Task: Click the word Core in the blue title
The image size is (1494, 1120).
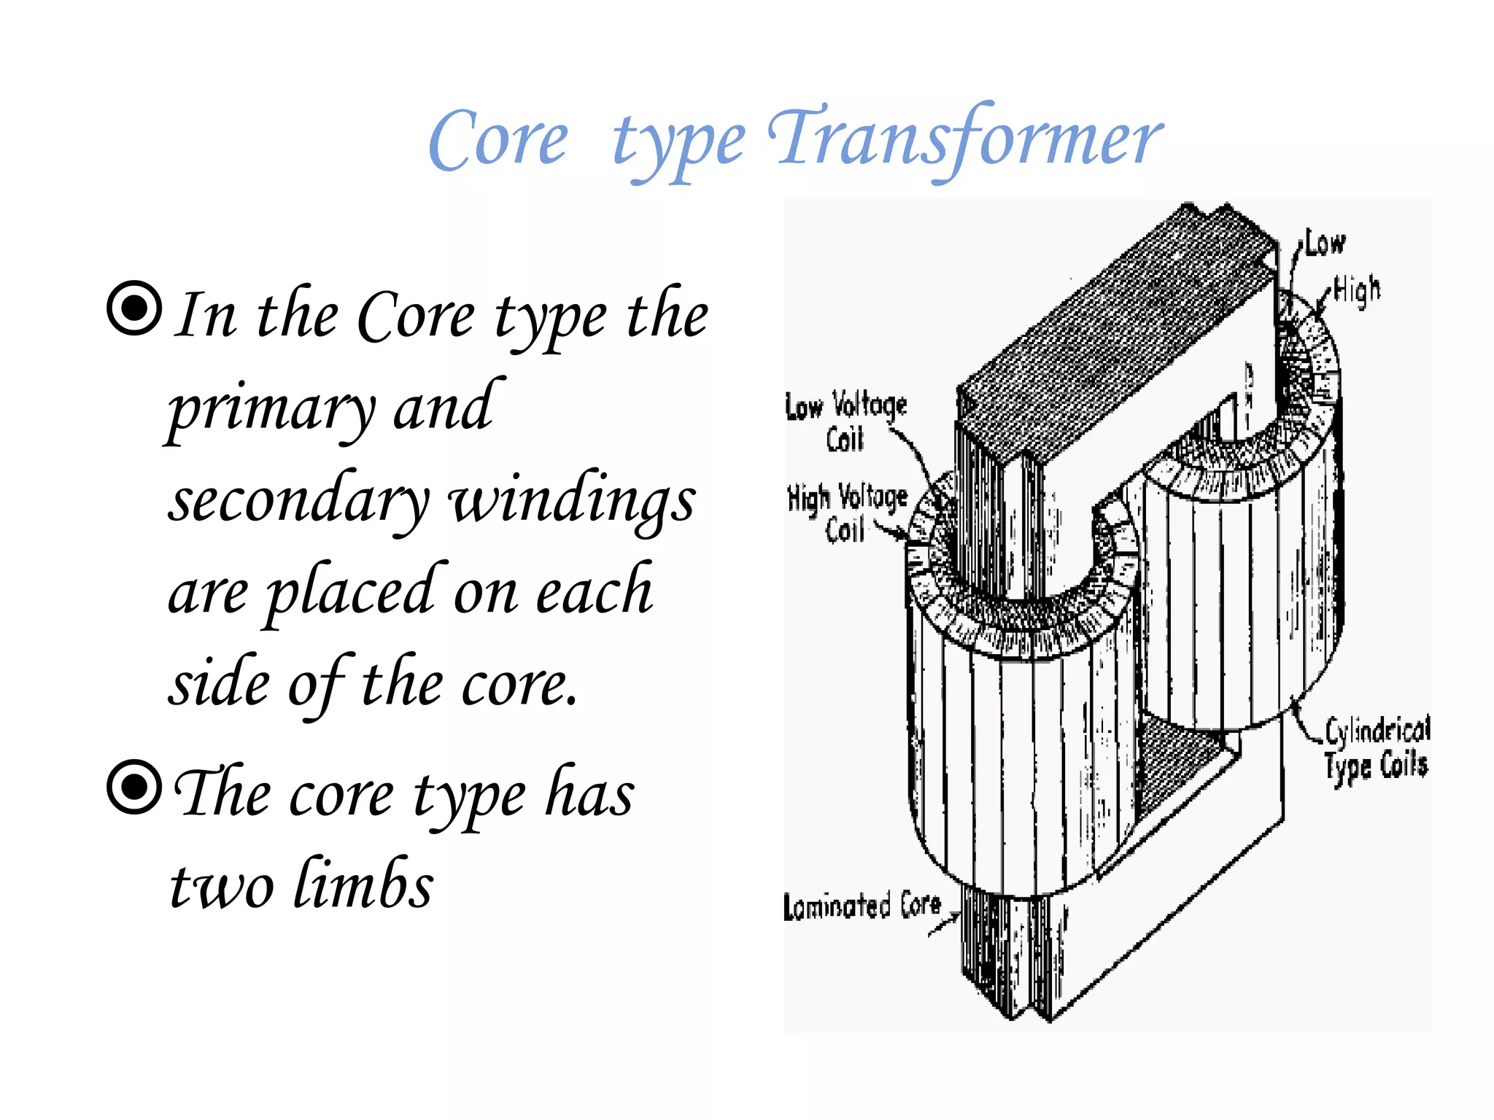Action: (498, 141)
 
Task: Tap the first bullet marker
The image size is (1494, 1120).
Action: (134, 308)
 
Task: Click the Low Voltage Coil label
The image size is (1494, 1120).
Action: (846, 421)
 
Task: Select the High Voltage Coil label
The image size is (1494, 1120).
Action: (848, 512)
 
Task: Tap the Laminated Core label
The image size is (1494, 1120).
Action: (862, 906)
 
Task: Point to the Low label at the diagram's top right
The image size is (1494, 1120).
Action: (1325, 244)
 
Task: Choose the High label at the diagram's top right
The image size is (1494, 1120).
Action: (1358, 289)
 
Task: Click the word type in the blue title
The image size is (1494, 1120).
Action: (678, 146)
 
